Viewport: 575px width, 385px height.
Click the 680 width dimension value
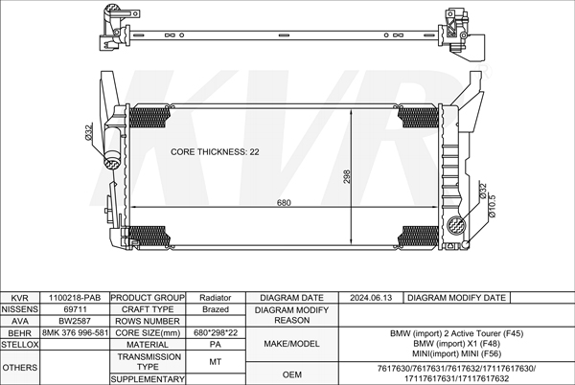click(x=284, y=203)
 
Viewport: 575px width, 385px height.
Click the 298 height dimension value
click(x=347, y=176)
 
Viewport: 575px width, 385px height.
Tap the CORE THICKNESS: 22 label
click(x=215, y=151)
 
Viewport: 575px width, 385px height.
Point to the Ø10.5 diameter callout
click(x=493, y=206)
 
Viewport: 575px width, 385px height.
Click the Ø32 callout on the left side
click(x=88, y=132)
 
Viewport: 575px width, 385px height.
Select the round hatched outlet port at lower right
click(x=457, y=224)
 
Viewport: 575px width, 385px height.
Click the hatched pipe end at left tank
click(x=111, y=163)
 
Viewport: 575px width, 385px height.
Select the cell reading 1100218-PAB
click(x=75, y=298)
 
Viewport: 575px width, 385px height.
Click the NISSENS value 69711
click(x=75, y=309)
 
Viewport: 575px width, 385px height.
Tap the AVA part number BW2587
click(x=75, y=321)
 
